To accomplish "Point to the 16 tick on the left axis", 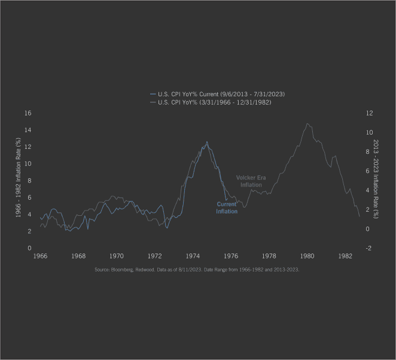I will (28, 113).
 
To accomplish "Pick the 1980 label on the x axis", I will (307, 256).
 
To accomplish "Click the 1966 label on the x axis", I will (40, 256).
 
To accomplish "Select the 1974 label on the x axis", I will (193, 256).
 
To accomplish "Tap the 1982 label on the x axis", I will (345, 256).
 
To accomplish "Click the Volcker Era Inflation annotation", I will (251, 181).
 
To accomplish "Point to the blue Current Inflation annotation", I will (227, 208).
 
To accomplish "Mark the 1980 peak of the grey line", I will (307, 124).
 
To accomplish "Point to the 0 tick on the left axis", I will (30, 248).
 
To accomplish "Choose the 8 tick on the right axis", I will (368, 152).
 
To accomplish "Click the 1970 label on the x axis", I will (117, 256).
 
